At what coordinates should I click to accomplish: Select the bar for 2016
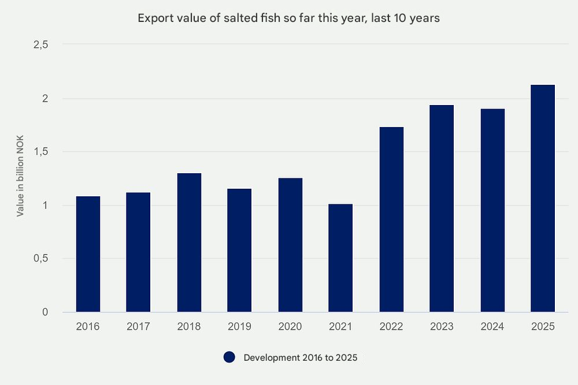88,254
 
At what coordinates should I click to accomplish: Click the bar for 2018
189,242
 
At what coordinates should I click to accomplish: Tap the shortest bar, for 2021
340,258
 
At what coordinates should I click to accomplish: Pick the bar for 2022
391,219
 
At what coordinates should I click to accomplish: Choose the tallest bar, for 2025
543,199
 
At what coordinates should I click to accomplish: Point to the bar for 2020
290,245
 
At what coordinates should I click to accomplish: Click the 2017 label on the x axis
138,327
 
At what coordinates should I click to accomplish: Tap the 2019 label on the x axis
239,327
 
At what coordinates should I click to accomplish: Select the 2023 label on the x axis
442,327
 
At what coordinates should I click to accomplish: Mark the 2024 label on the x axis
492,327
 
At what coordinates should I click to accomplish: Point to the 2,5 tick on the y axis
40,44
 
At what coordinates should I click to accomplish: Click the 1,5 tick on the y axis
40,152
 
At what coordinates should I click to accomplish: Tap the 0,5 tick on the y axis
40,259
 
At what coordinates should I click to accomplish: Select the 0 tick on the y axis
45,312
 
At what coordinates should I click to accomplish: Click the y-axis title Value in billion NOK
20,179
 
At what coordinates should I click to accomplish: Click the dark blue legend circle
229,357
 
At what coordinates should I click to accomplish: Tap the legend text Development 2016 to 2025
301,358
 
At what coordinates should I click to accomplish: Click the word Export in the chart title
153,18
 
